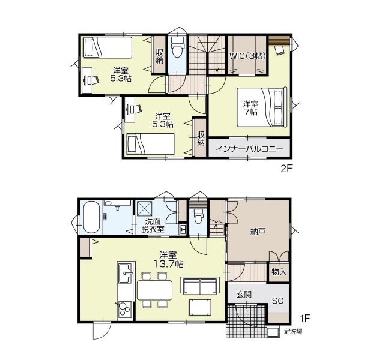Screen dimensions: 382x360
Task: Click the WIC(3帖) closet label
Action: coord(247,56)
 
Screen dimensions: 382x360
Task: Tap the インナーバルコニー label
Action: coord(250,149)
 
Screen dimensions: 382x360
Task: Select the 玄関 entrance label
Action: coord(244,295)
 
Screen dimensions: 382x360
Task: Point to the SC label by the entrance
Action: coord(277,301)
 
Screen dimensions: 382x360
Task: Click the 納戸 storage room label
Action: coord(258,232)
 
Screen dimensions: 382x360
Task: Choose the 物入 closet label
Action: coord(279,272)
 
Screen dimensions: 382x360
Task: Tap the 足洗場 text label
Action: coord(293,332)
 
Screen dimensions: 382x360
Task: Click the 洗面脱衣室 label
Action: coord(153,225)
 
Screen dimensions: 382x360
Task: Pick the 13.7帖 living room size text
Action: coord(168,264)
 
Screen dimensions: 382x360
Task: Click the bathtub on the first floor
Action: coord(92,217)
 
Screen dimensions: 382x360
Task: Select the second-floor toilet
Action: coord(177,47)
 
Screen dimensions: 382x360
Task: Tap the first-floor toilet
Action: coord(198,216)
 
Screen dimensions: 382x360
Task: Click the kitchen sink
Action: coord(125,274)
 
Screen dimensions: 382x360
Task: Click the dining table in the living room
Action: coord(155,290)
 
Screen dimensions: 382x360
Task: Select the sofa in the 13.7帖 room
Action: coord(200,286)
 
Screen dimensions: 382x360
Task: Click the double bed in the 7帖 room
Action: coord(262,107)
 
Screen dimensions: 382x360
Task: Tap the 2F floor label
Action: coord(286,169)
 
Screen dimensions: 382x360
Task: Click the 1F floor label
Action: coord(305,319)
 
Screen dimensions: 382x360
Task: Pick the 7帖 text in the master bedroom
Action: coord(250,112)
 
